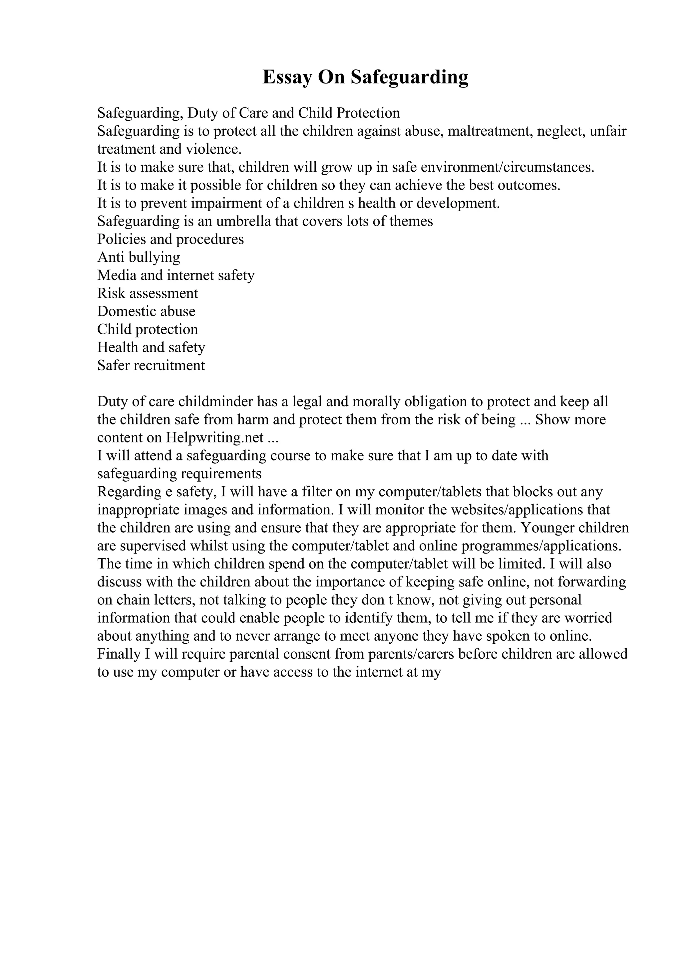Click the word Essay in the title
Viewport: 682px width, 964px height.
(x=287, y=77)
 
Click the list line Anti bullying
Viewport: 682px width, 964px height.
(x=139, y=257)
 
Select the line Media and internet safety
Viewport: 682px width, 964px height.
(x=175, y=275)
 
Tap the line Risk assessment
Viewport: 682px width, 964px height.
(x=148, y=293)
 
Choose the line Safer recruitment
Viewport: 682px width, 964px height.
(x=151, y=365)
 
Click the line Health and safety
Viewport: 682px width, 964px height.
(x=151, y=347)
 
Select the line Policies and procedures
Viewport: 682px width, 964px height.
(x=170, y=239)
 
